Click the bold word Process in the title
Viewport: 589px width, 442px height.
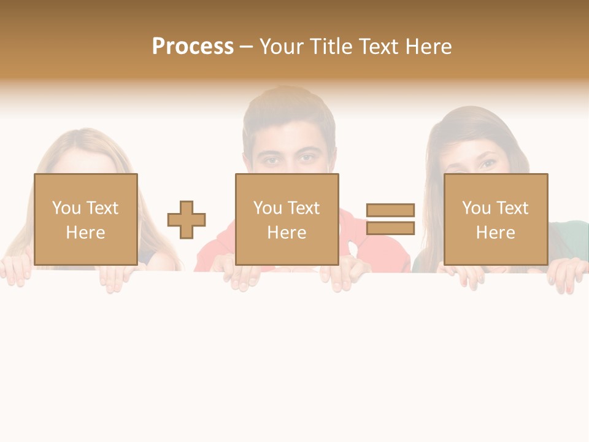tap(193, 47)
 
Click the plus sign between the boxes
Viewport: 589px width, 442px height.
tap(187, 220)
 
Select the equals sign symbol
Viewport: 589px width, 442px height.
tap(390, 219)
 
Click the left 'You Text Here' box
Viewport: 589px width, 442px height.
tap(86, 219)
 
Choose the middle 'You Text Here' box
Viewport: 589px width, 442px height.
tap(287, 219)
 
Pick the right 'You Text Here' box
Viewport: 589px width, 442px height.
tap(495, 219)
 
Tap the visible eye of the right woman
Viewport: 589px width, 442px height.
tap(487, 164)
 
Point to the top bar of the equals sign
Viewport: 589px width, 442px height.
tap(390, 210)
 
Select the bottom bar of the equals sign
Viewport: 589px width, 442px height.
tap(390, 228)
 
